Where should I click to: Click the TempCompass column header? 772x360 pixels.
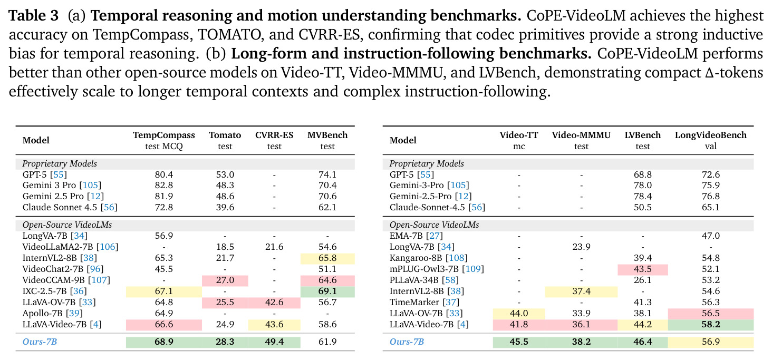(163, 135)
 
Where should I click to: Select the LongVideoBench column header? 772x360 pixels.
(711, 135)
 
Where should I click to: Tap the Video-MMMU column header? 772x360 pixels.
(581, 135)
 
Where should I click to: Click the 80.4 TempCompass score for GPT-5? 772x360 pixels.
(163, 174)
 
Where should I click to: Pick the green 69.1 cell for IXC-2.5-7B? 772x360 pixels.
(327, 291)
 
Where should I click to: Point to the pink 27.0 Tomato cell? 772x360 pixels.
(225, 280)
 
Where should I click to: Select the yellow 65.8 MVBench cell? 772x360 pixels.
(327, 258)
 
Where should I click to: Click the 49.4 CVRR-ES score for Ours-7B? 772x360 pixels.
(274, 342)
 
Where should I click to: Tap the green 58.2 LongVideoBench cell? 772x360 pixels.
(711, 324)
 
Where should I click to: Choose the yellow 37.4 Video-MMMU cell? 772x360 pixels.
(581, 291)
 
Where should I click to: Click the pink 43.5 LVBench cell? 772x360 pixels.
(642, 269)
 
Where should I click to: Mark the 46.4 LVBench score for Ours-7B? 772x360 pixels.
(642, 342)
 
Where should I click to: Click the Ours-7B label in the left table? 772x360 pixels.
(40, 342)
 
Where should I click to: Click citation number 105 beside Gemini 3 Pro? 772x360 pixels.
(90, 186)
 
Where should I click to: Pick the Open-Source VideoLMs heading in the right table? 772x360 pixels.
(435, 225)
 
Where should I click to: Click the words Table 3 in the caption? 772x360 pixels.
(33, 15)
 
